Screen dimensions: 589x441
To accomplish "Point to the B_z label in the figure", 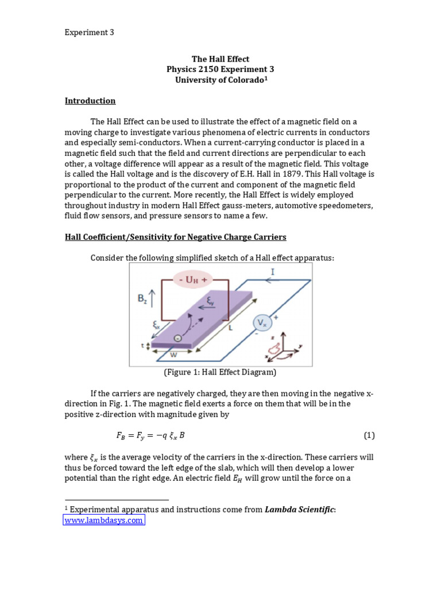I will [144, 299].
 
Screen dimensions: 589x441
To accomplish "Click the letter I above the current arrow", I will [272, 270].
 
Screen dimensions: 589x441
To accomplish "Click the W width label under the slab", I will [173, 355].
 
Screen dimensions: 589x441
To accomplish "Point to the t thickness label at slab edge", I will [143, 346].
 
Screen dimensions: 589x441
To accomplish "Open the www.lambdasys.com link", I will [103, 520].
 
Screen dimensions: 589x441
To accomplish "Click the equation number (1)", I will [369, 435].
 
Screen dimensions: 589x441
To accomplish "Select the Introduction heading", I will [90, 101].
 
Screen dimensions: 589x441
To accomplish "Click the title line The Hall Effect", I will [220, 59].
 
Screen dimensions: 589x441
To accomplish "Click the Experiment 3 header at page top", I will [89, 33].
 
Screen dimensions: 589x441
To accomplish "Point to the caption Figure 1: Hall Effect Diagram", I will [220, 372].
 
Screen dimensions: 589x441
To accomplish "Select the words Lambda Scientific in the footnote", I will [301, 509].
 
